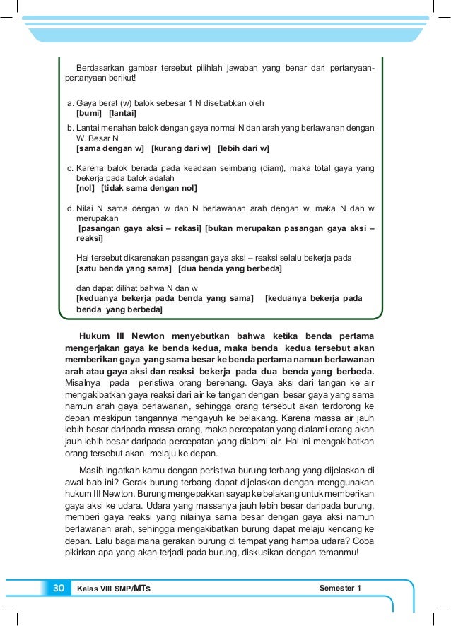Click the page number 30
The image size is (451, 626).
pos(58,588)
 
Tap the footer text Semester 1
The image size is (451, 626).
pos(340,588)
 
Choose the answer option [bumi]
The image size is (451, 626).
pos(89,113)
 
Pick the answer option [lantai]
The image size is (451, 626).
pos(122,113)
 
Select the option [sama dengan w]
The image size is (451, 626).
pos(110,149)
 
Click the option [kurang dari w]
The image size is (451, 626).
pos(181,149)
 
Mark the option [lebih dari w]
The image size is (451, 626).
pos(244,149)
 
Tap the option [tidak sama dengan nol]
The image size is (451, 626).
pos(149,189)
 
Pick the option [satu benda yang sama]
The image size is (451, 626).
pos(124,269)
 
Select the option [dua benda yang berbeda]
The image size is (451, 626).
pos(230,269)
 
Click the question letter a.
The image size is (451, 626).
pos(69,103)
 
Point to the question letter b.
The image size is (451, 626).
pos(69,128)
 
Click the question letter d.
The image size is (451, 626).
pos(69,208)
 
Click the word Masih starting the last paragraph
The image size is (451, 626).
pos(92,468)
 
